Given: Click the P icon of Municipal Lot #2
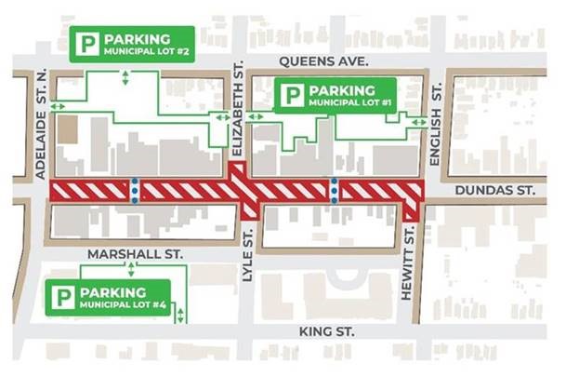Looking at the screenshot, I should [x=87, y=44].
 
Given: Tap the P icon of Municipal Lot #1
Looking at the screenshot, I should [x=293, y=95].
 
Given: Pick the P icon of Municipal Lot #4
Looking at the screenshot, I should [x=64, y=298].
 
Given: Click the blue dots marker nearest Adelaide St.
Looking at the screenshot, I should [x=136, y=190].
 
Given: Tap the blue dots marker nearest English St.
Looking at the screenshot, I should [x=335, y=190].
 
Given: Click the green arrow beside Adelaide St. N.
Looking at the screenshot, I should [x=58, y=108].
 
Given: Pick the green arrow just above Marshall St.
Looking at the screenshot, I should [x=131, y=268].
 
